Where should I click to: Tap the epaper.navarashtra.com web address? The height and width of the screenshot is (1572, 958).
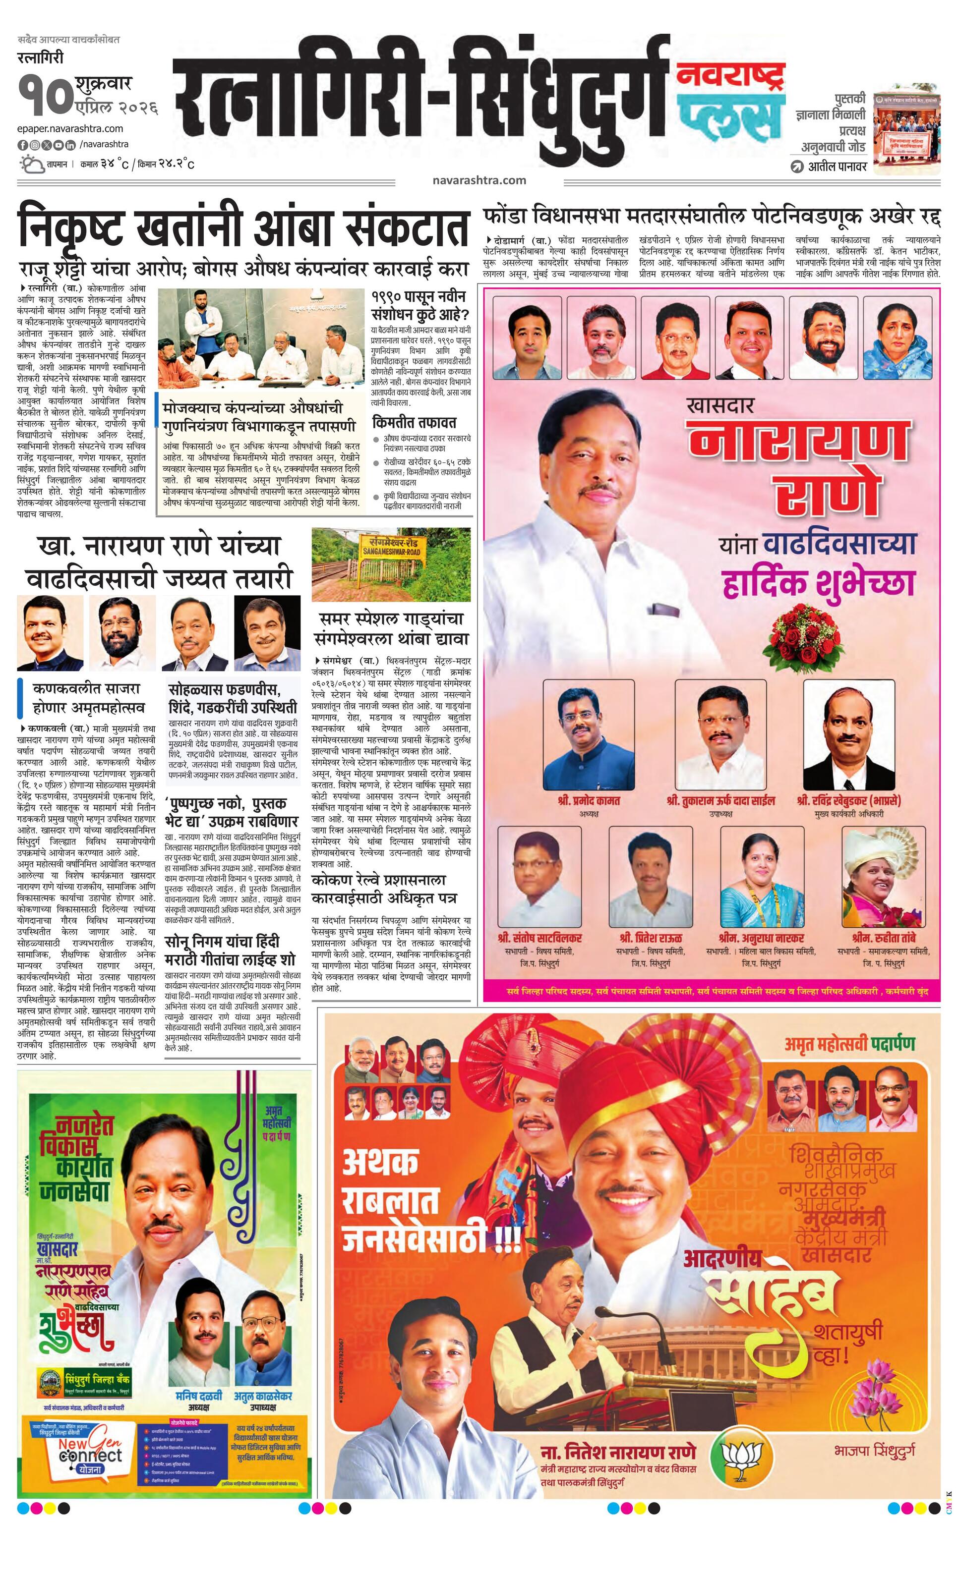click(x=70, y=128)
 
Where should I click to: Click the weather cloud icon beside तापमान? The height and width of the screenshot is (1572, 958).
click(x=31, y=164)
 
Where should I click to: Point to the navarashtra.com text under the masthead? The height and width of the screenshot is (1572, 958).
click(x=479, y=180)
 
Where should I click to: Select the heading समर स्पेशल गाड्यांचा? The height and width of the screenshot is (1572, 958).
click(x=391, y=618)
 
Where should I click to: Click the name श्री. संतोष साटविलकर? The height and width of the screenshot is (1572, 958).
click(x=539, y=938)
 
